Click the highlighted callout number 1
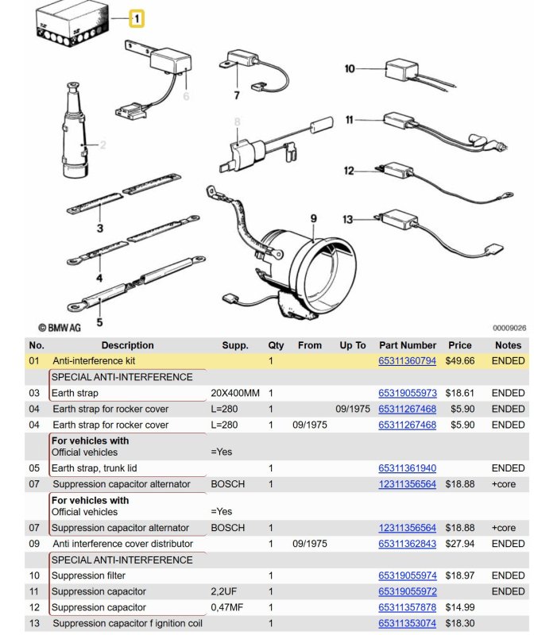click(x=136, y=17)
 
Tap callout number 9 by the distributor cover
click(x=313, y=217)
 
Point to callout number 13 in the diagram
click(x=348, y=219)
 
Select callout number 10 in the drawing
click(x=350, y=69)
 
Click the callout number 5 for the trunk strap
click(x=99, y=322)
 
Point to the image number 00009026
click(x=509, y=327)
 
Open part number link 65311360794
click(x=407, y=361)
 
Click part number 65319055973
click(x=407, y=393)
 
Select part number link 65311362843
click(x=407, y=544)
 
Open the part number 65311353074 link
click(x=407, y=623)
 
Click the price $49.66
click(x=459, y=361)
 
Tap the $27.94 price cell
click(x=459, y=544)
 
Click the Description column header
click(x=127, y=345)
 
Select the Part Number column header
click(x=407, y=345)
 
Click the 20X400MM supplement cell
click(x=235, y=393)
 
